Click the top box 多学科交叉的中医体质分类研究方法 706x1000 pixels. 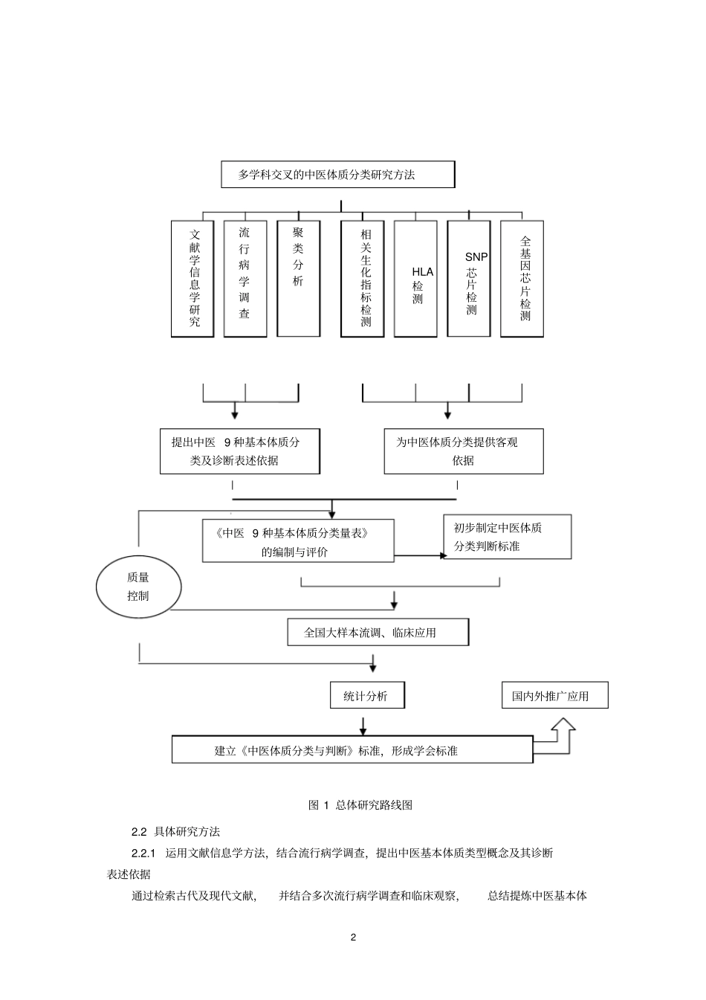pos(337,175)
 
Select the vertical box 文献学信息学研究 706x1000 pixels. pos(192,278)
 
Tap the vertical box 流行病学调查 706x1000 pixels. pos(245,278)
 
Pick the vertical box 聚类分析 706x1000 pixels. pos(298,278)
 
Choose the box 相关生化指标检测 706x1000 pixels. pos(363,278)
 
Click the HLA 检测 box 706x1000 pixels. pos(415,278)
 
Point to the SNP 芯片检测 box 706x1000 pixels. pos(469,278)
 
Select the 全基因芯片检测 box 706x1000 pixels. pos(522,278)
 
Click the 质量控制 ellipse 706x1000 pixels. pos(139,587)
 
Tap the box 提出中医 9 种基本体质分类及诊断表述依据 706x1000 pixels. pos(240,451)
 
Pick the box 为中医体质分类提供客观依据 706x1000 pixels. pos(463,451)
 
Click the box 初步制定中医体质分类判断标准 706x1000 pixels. pos(507,537)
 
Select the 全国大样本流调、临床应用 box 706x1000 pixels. pos(378,633)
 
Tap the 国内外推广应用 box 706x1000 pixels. pos(554,696)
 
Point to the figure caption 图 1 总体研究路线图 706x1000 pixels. pos(360,805)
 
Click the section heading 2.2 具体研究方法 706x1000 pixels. pos(175,832)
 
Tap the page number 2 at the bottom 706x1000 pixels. pos(353,937)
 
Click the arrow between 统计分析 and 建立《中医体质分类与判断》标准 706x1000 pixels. pos(363,725)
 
